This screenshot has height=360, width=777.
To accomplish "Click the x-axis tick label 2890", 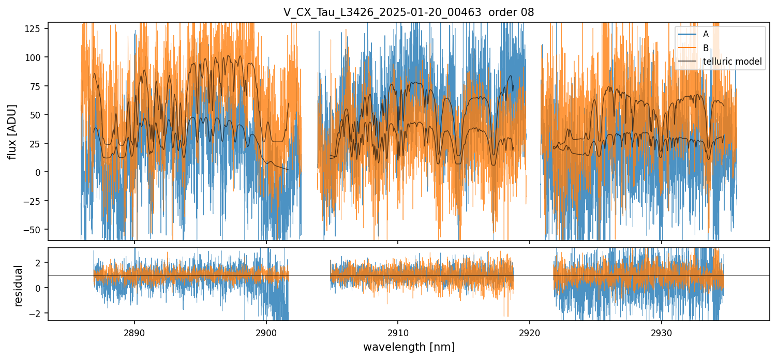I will [135, 332].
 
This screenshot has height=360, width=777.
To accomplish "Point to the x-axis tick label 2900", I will [266, 332].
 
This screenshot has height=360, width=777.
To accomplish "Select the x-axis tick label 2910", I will [398, 332].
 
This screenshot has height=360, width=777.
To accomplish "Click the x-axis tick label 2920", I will [530, 332].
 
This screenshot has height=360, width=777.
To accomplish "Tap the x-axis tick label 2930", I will [661, 332].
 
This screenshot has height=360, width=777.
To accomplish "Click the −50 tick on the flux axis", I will [36, 229].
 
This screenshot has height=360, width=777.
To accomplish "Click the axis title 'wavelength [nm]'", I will [409, 347].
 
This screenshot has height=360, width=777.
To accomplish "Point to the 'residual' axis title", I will [19, 286].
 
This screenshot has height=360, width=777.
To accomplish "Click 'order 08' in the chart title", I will [512, 12].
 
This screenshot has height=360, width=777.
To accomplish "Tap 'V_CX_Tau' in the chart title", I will [306, 12].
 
